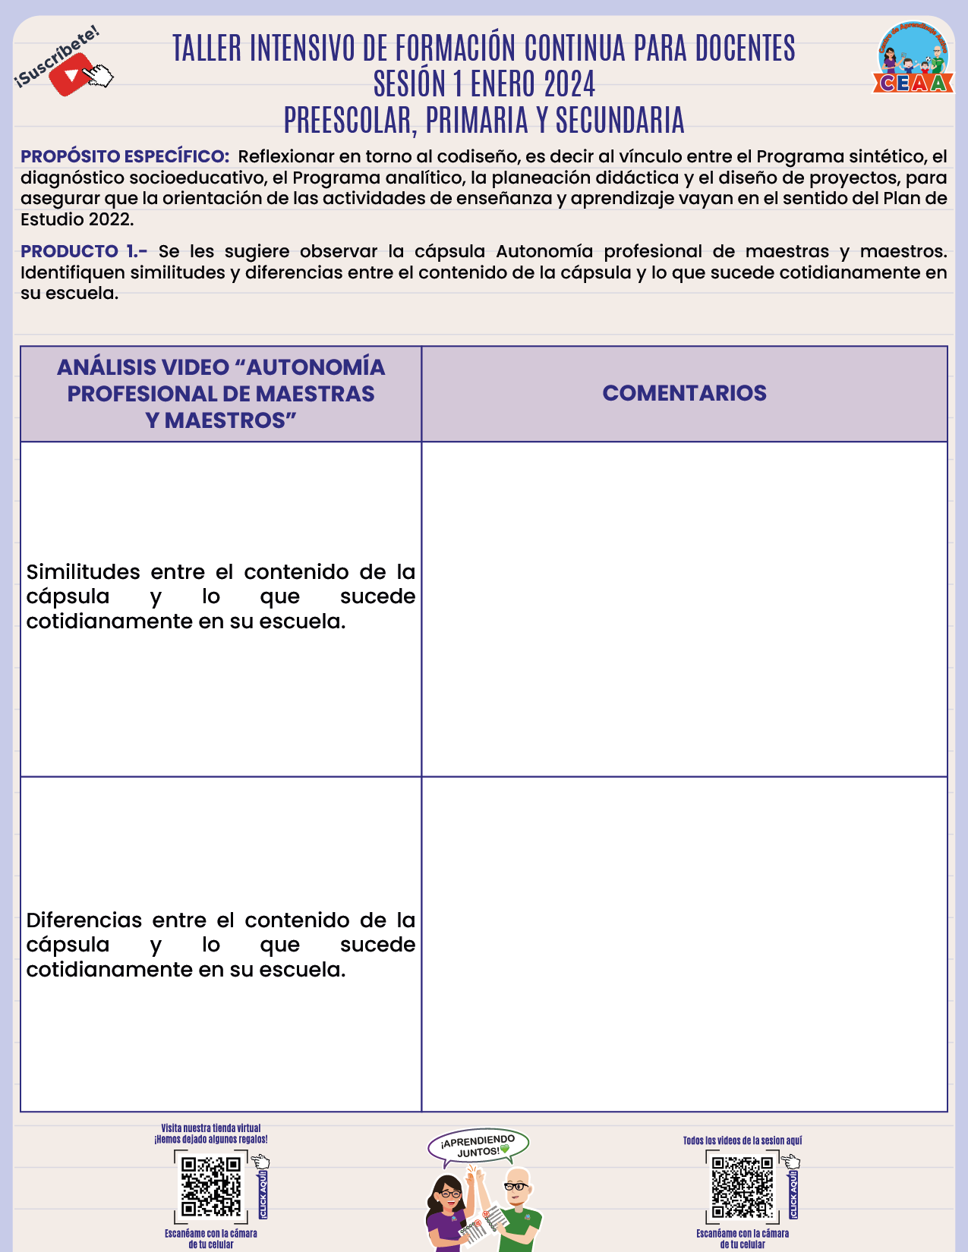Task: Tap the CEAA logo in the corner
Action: [913, 58]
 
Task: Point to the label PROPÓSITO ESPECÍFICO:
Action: [125, 156]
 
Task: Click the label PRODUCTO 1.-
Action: [84, 251]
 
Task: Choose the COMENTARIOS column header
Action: [684, 393]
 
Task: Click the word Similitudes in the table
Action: [84, 572]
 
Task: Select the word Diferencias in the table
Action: [84, 920]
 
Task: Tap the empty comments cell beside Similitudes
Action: [684, 609]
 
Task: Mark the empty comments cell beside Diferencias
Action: [684, 944]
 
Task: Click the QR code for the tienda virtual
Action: [211, 1187]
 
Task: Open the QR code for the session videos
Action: [742, 1187]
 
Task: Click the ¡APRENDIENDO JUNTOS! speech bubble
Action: [478, 1147]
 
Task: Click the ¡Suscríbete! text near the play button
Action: [57, 55]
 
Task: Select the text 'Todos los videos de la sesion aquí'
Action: [742, 1140]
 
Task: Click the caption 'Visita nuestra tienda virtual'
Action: [211, 1128]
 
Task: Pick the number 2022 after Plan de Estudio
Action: [109, 220]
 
